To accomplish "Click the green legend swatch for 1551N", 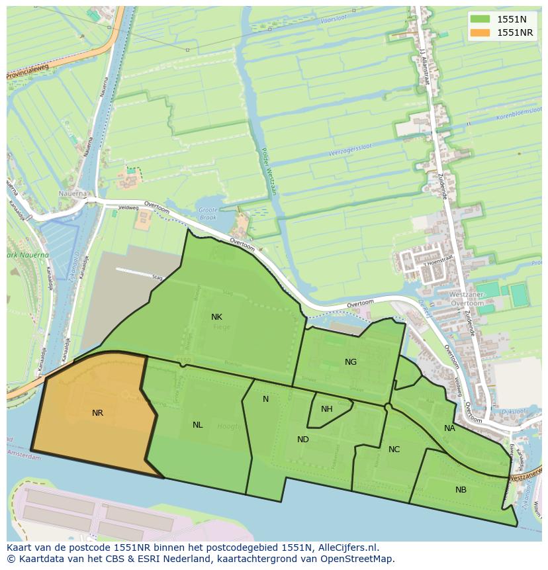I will coord(480,19).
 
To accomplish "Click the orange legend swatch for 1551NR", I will coord(480,32).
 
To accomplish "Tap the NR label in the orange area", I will coord(97,413).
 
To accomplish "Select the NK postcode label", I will coord(216,317).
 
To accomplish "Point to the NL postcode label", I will coord(197,425).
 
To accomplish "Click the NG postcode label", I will coord(351,362).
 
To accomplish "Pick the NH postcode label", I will coord(326,409).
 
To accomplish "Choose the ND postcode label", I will coord(302,440).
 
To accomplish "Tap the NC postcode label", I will coord(394,450).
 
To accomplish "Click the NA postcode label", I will coord(449,428).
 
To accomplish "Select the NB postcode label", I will coord(461,490).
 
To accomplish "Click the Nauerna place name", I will coord(73,194).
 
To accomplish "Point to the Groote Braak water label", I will coord(208,213).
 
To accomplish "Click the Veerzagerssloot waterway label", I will coord(349,151).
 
